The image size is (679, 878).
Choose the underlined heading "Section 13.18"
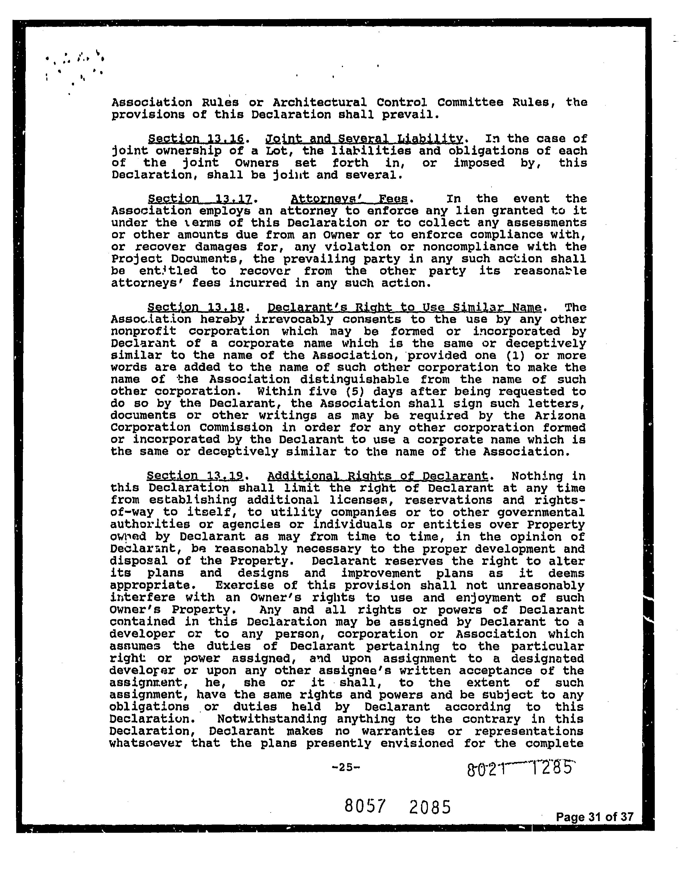pyautogui.click(x=196, y=308)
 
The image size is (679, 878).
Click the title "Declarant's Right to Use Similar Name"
pyautogui.click(x=404, y=308)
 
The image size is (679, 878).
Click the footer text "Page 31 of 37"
pyautogui.click(x=595, y=817)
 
